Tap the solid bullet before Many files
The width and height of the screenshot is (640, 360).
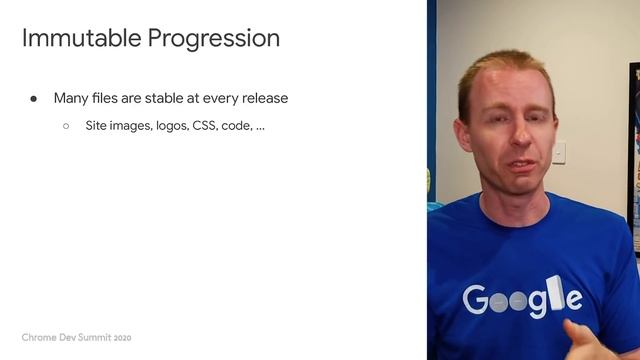point(33,99)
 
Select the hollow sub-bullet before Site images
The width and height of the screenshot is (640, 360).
point(66,127)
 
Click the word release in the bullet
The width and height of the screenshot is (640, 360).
point(264,98)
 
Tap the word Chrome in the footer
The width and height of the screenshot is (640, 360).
point(39,337)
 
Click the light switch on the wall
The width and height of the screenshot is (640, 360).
point(559,151)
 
